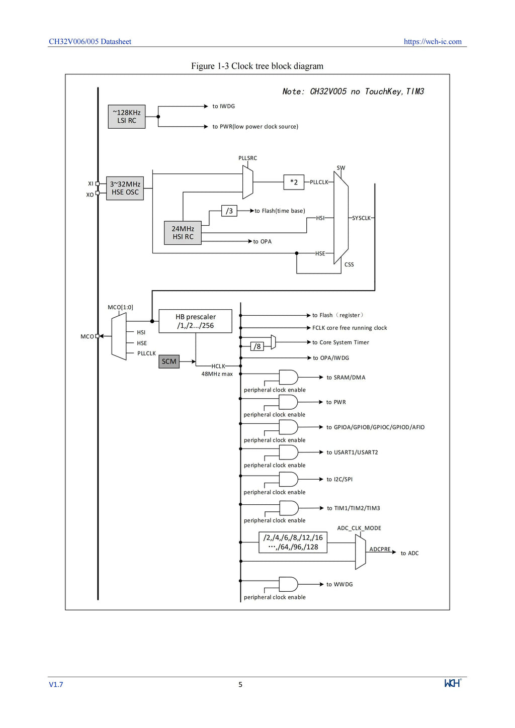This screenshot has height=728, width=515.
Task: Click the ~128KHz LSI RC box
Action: click(x=126, y=116)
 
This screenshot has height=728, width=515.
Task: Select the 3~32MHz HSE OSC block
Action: click(x=125, y=188)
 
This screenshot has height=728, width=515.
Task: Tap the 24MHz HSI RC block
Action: click(x=183, y=233)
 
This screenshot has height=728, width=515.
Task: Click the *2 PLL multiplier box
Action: click(x=294, y=182)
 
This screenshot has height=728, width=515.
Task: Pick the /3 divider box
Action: click(x=229, y=211)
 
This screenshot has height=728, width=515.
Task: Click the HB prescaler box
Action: click(x=196, y=321)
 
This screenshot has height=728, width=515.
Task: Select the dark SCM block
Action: click(x=169, y=361)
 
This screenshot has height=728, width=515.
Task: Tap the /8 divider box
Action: click(x=257, y=346)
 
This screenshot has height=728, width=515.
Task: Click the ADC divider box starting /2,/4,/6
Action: click(x=293, y=542)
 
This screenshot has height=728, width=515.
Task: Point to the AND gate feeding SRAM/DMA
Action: click(x=288, y=378)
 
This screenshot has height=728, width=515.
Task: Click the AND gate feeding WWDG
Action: click(x=288, y=584)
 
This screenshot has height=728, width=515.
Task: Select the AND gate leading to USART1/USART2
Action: click(x=288, y=452)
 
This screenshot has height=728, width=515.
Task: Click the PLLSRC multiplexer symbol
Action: click(x=248, y=182)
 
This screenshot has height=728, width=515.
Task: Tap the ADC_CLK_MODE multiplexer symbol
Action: click(x=360, y=552)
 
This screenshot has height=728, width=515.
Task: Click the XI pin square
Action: click(x=97, y=184)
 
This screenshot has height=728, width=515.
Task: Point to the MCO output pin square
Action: click(x=97, y=336)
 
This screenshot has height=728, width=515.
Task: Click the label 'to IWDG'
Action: click(x=224, y=106)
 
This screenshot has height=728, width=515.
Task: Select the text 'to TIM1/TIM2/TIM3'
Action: click(x=354, y=508)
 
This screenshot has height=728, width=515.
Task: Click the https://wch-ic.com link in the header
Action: click(x=433, y=42)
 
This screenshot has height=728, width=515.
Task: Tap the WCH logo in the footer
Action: click(x=453, y=683)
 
